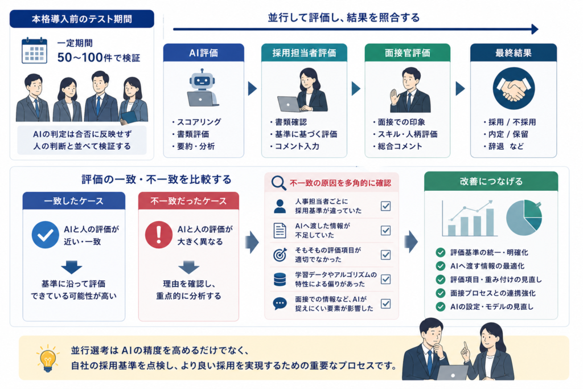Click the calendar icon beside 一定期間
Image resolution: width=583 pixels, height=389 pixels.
point(35,51)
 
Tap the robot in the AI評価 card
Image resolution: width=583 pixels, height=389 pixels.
point(203,88)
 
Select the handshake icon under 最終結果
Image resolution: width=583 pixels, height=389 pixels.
point(514,88)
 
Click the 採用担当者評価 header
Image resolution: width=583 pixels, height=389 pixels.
point(304,53)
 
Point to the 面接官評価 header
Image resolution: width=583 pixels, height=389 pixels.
point(408,53)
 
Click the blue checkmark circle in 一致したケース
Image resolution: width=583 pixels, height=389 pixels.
point(46,235)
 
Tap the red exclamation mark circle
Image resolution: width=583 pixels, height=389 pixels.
point(159,235)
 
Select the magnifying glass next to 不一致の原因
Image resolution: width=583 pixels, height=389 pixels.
point(278,183)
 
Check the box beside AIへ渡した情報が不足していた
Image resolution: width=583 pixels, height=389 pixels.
point(385,231)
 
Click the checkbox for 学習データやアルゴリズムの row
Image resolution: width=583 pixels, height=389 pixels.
point(385,279)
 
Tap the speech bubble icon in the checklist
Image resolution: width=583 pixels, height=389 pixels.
point(280,304)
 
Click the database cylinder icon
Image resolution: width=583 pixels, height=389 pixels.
point(280,279)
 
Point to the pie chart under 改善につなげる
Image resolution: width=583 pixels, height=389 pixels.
point(524,218)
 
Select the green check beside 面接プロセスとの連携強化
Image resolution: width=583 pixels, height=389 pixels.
point(441,293)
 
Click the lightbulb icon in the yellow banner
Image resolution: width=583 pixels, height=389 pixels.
point(48,358)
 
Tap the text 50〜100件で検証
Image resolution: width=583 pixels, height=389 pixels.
point(98,58)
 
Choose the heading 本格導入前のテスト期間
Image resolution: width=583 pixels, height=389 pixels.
point(82,19)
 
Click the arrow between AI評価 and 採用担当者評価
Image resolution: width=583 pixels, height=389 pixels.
point(252,88)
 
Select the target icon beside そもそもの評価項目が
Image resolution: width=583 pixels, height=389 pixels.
point(280,255)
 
